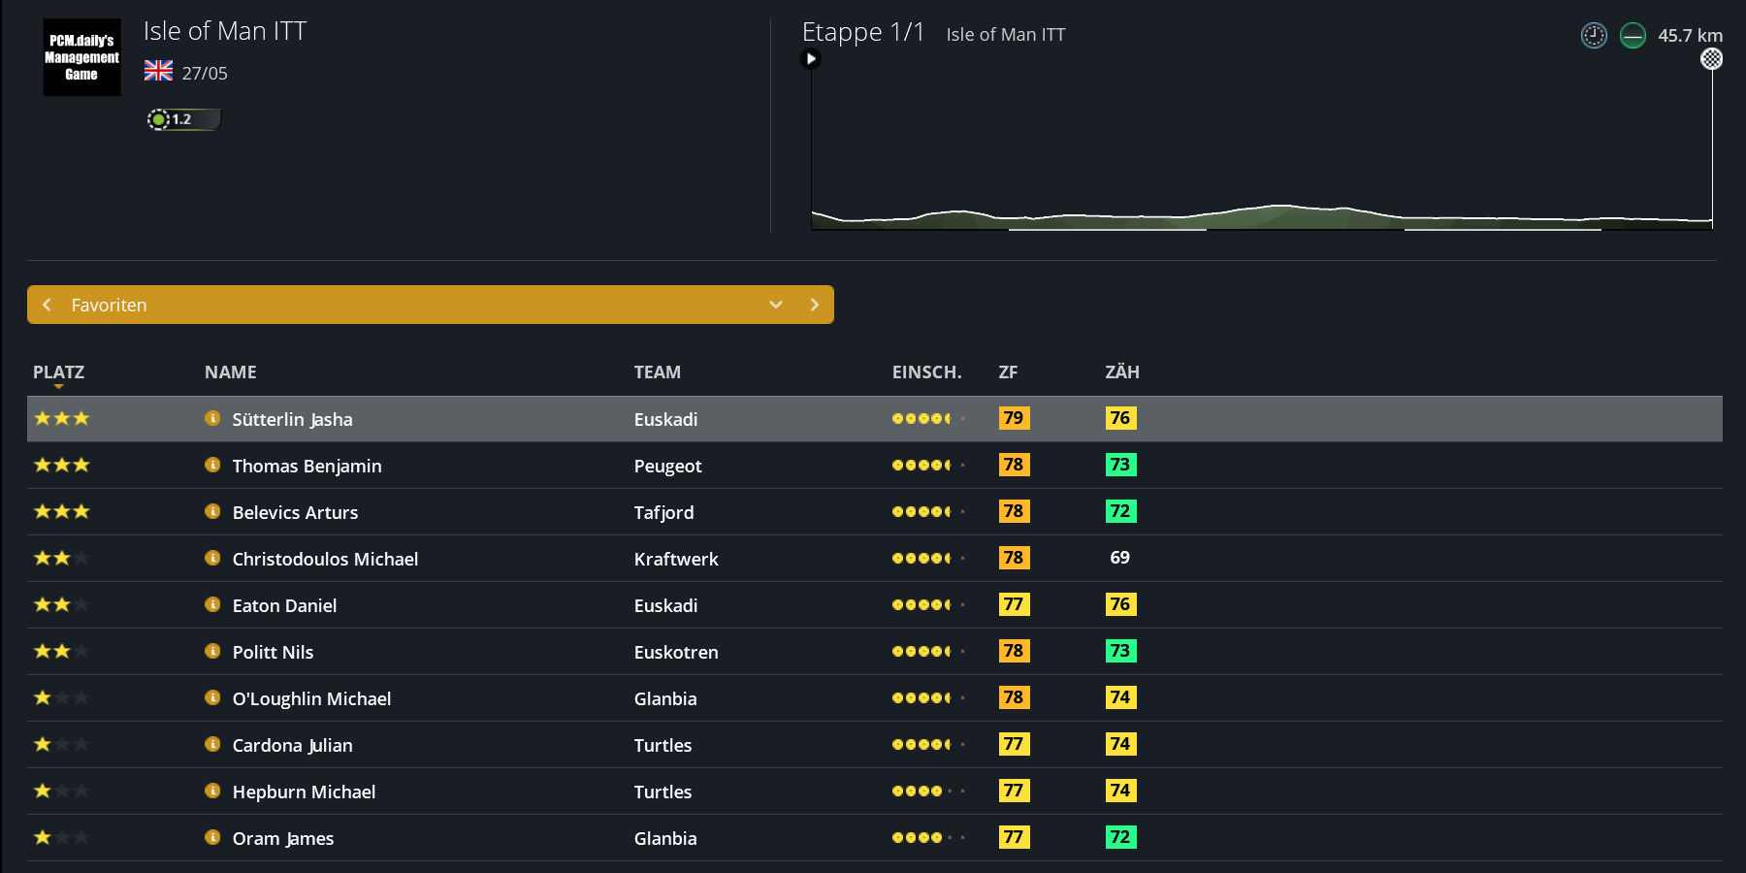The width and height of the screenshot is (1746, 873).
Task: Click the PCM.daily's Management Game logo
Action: coord(81,57)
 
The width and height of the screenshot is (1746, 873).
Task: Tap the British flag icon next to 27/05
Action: coord(158,71)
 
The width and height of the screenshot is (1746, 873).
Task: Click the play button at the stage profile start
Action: coord(811,59)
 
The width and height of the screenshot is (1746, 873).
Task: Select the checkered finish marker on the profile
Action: coord(1712,59)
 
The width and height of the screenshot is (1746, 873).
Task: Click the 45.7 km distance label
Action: coord(1690,36)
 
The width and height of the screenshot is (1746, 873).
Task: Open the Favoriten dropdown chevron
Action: coord(776,305)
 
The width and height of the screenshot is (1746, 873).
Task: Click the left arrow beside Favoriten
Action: coord(47,305)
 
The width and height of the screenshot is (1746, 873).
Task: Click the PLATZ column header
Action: coord(58,372)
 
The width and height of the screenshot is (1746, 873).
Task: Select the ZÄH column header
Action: coord(1122,372)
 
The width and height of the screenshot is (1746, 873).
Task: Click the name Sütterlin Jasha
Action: coord(292,419)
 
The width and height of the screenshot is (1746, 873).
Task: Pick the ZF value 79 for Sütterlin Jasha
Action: coord(1014,418)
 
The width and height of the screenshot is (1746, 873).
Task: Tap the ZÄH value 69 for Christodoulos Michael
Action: coord(1119,558)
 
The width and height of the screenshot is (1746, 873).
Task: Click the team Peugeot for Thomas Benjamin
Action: coord(667,466)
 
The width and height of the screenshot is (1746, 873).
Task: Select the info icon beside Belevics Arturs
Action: coord(212,511)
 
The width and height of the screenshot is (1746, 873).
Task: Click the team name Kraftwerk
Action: coord(676,559)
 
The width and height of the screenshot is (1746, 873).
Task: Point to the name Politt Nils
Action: coord(273,652)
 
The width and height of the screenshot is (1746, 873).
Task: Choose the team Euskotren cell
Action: coord(676,652)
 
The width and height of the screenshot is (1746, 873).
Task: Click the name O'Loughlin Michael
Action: coord(311,698)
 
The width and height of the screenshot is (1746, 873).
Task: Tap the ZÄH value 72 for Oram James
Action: coord(1120,837)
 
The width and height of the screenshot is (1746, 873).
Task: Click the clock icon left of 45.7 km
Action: coord(1594,36)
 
